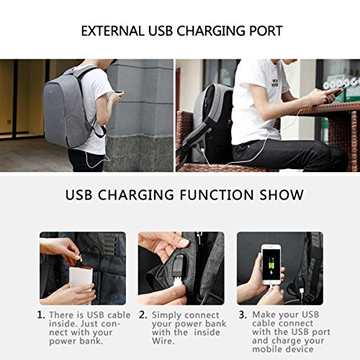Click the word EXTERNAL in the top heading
point(110,32)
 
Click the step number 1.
point(41,315)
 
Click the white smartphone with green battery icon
point(271,265)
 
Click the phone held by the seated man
point(333,92)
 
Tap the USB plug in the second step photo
point(177,278)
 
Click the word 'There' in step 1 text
point(63,315)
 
